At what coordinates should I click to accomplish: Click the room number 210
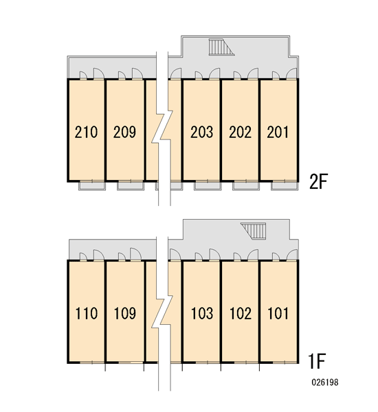86,132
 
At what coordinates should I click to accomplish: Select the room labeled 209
124,132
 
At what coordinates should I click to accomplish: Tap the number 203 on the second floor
202,132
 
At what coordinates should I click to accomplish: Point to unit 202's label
240,132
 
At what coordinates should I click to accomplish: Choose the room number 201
278,132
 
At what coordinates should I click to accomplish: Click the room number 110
87,314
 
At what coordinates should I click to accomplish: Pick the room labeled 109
125,314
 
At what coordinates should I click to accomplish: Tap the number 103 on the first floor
202,314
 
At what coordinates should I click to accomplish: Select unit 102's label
241,314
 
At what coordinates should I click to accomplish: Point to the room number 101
278,314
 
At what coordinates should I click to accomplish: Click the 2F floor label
319,181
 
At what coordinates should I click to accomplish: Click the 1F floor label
317,361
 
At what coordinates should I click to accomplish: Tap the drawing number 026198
325,382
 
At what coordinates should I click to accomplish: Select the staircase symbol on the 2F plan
221,47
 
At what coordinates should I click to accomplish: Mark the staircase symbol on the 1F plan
254,231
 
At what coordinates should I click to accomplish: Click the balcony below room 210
92,186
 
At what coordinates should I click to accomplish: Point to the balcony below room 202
246,186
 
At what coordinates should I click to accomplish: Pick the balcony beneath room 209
131,186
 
